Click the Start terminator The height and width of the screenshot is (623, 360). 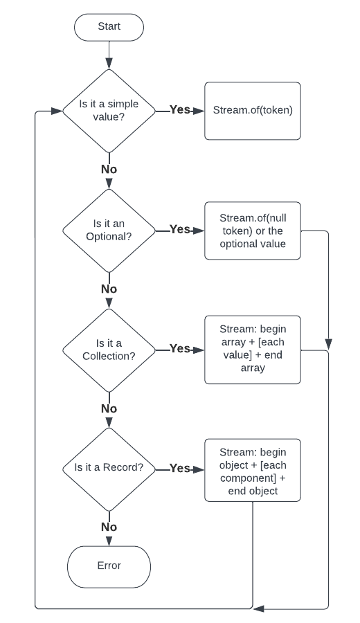109,27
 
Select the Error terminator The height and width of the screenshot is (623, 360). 109,566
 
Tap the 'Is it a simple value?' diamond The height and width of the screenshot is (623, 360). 109,111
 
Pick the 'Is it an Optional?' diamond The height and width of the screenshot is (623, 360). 109,231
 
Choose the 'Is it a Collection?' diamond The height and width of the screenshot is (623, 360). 109,350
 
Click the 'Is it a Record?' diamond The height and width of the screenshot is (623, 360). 109,469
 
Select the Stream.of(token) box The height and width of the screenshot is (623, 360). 253,111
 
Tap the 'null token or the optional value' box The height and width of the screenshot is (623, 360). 253,231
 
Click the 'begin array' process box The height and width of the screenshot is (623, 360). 253,350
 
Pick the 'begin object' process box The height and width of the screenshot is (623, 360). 253,470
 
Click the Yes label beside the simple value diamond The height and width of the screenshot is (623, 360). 179,109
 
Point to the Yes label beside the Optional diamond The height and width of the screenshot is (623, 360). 179,229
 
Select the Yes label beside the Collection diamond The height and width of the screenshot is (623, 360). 179,348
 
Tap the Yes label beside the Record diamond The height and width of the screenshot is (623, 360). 179,469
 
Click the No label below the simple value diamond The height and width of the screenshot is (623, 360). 109,170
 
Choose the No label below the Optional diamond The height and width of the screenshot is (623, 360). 109,289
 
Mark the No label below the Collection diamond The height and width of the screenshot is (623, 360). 109,408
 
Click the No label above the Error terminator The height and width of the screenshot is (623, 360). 109,527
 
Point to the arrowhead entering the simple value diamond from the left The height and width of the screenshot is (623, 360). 57,111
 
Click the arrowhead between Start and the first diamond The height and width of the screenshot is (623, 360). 109,64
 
